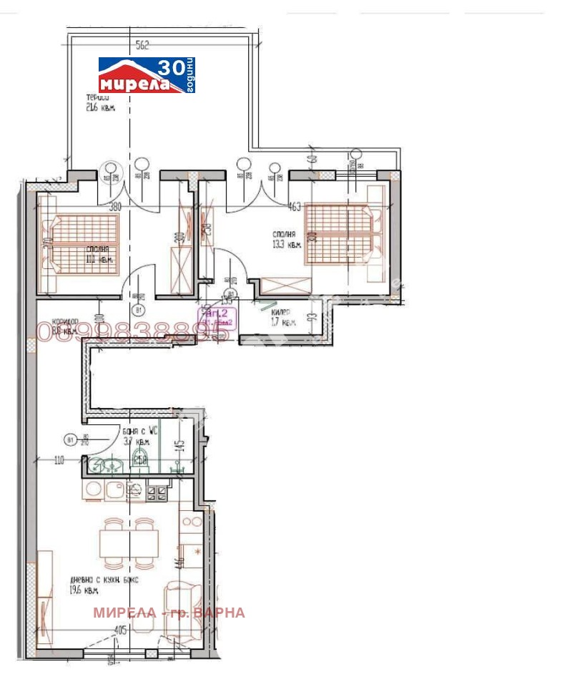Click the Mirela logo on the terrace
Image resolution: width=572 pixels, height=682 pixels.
147,75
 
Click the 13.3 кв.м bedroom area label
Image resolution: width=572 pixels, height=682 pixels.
286,239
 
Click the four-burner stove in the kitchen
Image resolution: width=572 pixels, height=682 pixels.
157,492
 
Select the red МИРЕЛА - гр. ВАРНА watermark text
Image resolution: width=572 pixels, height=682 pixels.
169,613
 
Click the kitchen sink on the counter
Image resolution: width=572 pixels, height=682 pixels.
114,491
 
